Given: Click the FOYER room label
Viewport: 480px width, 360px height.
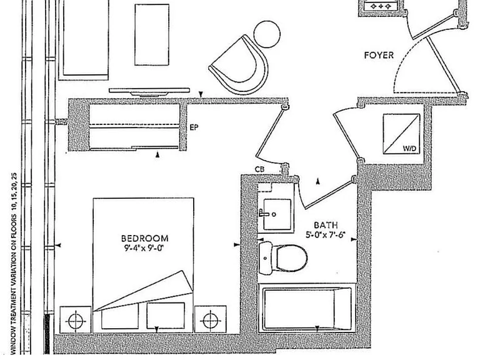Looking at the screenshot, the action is pyautogui.click(x=379, y=56).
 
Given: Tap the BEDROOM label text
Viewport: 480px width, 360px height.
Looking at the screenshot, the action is pyautogui.click(x=145, y=239).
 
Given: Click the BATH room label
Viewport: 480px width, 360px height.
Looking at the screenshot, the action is pyautogui.click(x=326, y=225).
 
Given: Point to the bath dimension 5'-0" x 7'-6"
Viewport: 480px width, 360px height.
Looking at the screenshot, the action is pyautogui.click(x=326, y=235).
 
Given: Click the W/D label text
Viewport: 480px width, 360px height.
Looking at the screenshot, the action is pyautogui.click(x=409, y=149).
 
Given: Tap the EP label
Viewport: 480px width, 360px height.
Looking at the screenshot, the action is pyautogui.click(x=194, y=127).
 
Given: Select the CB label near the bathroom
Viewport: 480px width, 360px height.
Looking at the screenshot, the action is pyautogui.click(x=259, y=169).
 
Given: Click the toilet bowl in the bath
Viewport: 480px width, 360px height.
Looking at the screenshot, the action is pyautogui.click(x=291, y=257).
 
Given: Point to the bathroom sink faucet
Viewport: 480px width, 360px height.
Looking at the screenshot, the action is pyautogui.click(x=264, y=213).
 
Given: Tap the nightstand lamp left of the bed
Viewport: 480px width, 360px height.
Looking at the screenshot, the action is pyautogui.click(x=75, y=321).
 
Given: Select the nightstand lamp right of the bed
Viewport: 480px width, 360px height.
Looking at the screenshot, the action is pyautogui.click(x=210, y=321).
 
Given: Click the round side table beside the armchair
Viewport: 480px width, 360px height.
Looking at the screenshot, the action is pyautogui.click(x=267, y=34).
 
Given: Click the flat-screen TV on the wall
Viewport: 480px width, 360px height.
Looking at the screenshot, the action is pyautogui.click(x=149, y=92).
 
